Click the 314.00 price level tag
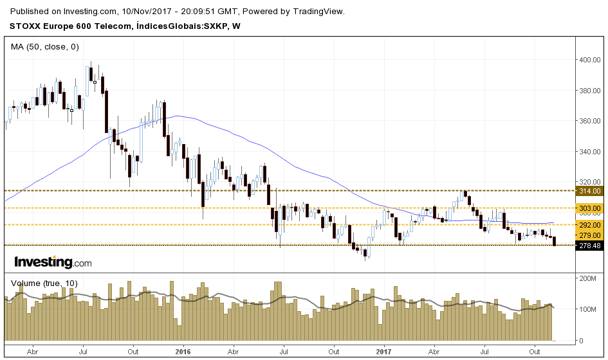[x=590, y=191]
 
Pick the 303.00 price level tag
[x=590, y=208]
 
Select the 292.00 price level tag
[x=590, y=225]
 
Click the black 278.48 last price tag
[x=590, y=246]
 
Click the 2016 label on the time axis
[x=183, y=352]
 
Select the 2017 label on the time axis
[x=384, y=352]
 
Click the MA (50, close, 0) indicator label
[x=45, y=46]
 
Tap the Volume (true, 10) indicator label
[x=44, y=283]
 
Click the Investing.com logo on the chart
[x=53, y=262]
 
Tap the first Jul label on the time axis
[x=84, y=352]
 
